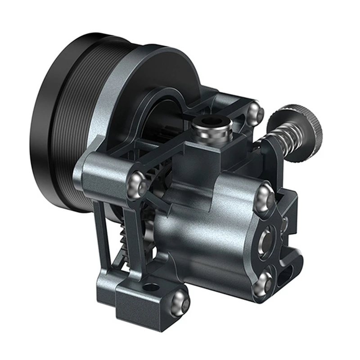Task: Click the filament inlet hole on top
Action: (x=210, y=121)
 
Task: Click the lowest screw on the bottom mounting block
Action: (x=180, y=301)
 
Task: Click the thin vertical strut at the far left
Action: (x=103, y=238)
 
